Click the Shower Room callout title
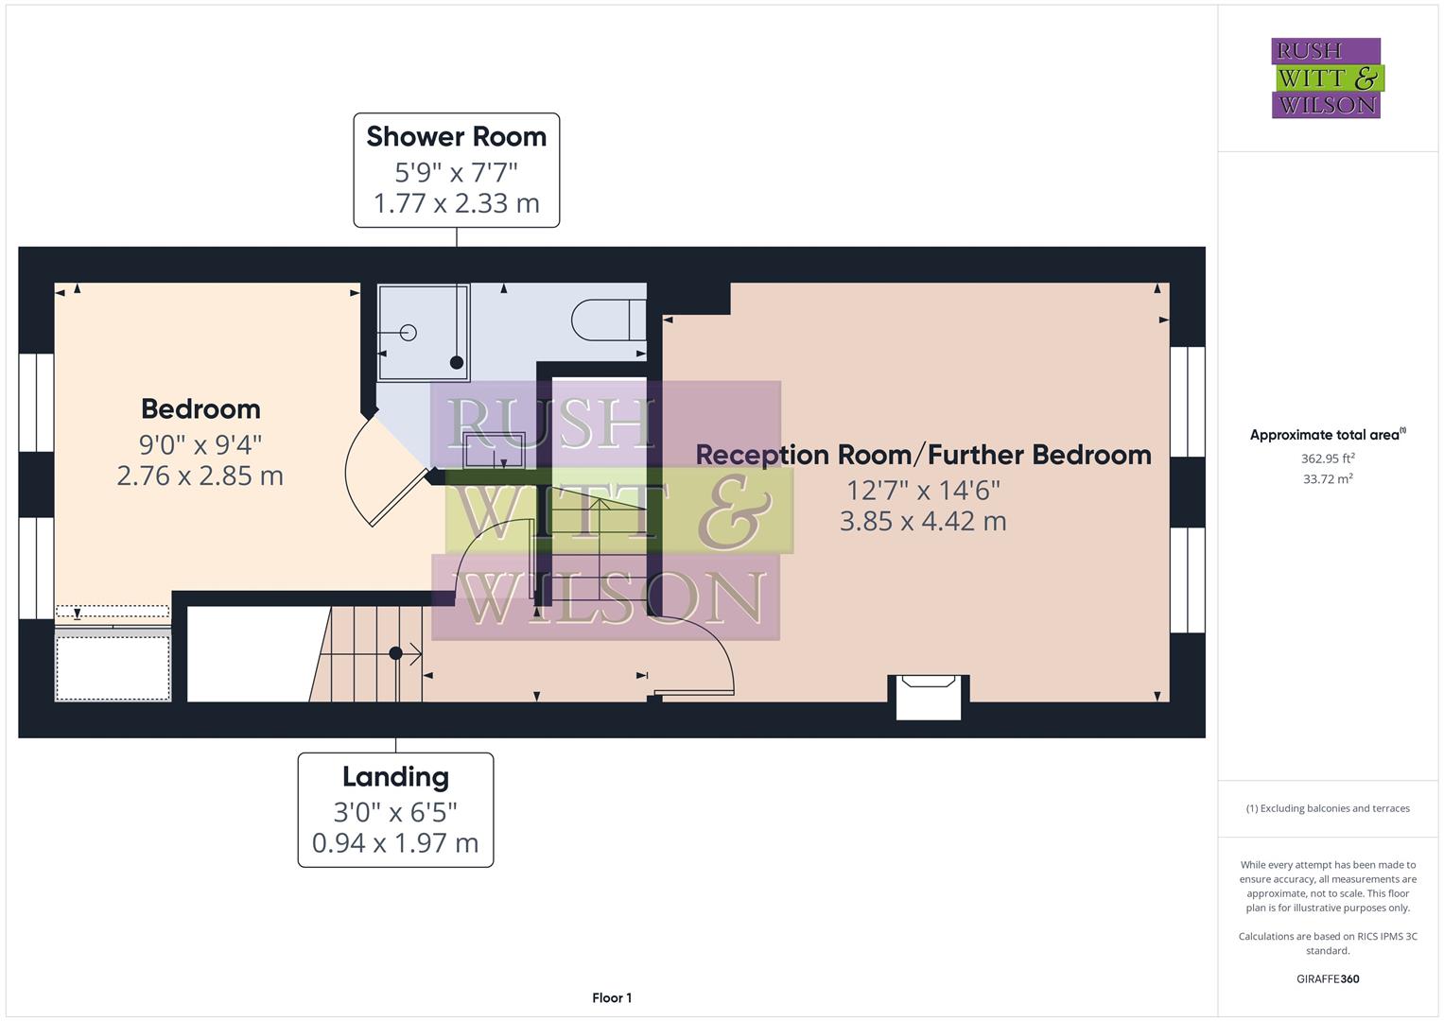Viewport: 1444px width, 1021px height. [x=456, y=137]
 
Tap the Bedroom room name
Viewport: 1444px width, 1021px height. [x=200, y=409]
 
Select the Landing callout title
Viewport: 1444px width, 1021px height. [x=395, y=777]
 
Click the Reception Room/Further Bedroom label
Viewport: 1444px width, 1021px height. [x=923, y=455]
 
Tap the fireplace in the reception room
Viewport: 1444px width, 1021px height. [x=928, y=695]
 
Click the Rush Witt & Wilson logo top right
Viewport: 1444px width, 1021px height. [x=1326, y=78]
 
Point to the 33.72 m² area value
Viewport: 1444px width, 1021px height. [x=1327, y=479]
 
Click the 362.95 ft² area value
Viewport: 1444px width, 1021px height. [x=1327, y=459]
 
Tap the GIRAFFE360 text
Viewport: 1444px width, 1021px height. [x=1327, y=978]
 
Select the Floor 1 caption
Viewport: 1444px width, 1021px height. [x=612, y=997]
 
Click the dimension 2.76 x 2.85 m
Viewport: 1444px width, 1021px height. [x=200, y=476]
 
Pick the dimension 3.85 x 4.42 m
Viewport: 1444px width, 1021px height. [x=923, y=521]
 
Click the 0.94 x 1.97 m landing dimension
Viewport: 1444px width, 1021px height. [x=395, y=842]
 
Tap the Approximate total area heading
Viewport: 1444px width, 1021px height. [x=1327, y=435]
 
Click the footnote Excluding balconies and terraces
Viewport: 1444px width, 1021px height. [x=1327, y=808]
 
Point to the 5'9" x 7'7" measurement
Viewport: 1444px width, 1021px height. [x=456, y=172]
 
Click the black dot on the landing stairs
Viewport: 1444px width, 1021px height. [x=395, y=653]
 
